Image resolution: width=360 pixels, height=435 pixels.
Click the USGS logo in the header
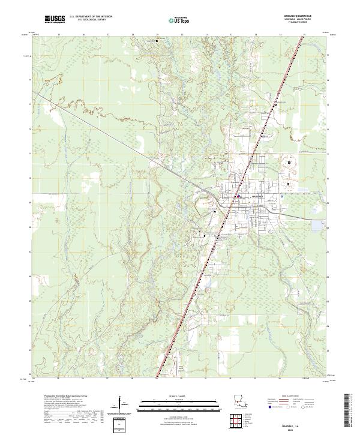click(x=55, y=19)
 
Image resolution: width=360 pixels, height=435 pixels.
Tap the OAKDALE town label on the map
click(x=257, y=197)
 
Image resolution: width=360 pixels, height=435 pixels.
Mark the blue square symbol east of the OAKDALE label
click(x=282, y=197)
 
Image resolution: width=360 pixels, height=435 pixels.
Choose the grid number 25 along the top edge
click(x=59, y=35)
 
